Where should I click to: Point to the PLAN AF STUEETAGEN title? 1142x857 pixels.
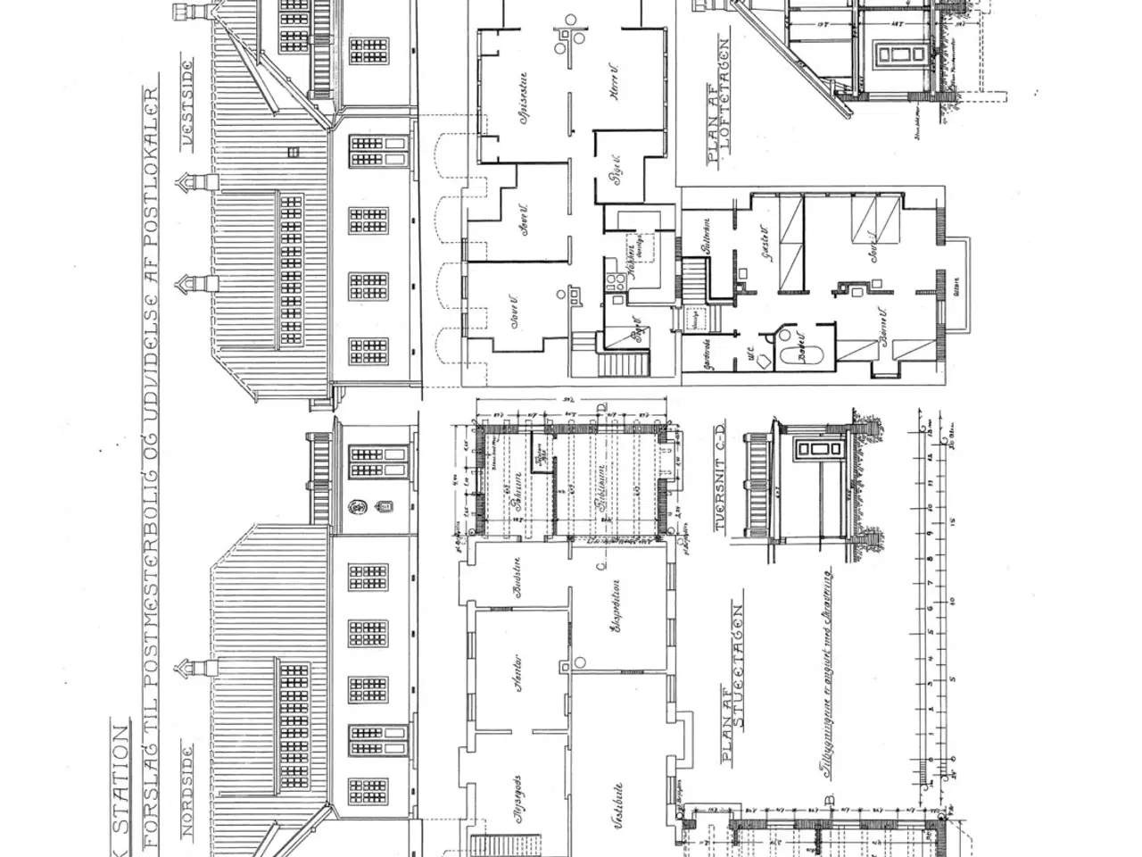(732, 683)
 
